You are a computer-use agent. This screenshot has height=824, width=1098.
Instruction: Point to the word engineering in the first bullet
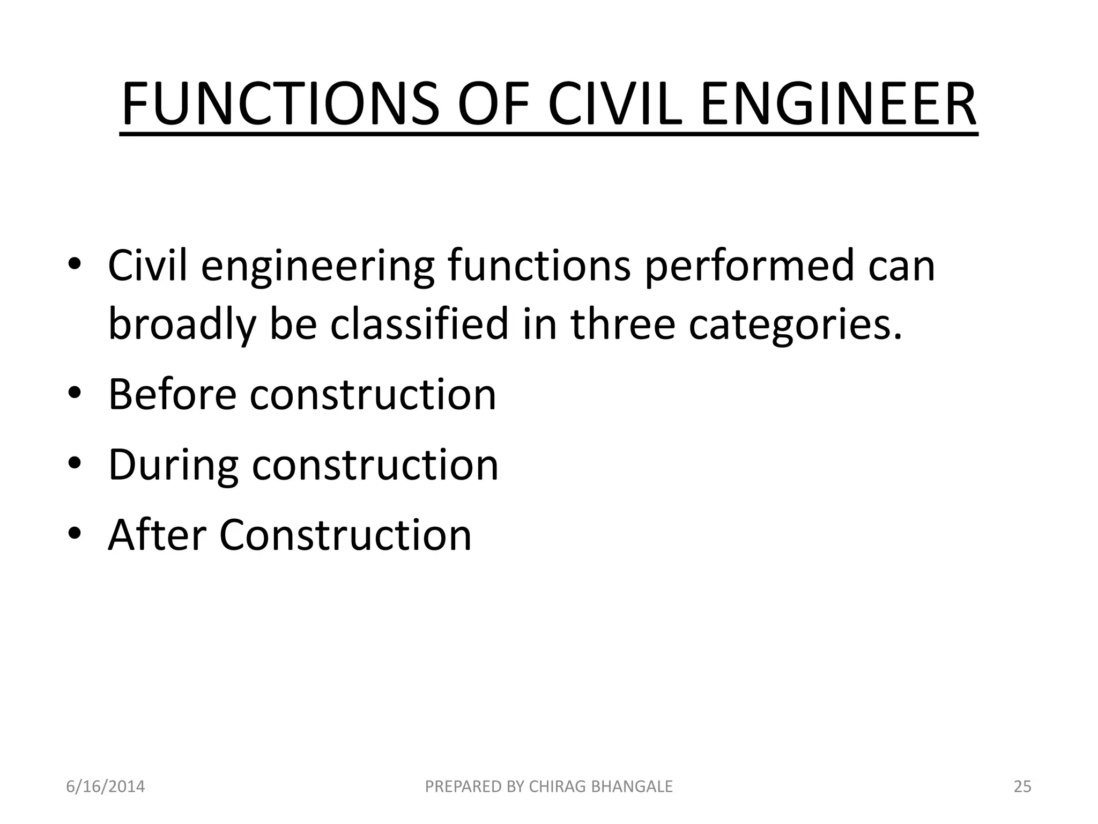coord(317,267)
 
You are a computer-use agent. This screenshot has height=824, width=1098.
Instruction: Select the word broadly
coord(182,325)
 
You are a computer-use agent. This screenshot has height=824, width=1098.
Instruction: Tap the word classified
coord(419,324)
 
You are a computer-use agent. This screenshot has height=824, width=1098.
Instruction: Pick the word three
coord(622,324)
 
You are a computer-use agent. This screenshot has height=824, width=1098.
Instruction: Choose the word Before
coord(172,394)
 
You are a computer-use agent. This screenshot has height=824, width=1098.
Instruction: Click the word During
coord(173,465)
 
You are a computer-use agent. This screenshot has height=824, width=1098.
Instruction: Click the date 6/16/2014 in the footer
coord(105,786)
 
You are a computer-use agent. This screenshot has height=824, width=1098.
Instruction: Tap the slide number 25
coord(1022,786)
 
